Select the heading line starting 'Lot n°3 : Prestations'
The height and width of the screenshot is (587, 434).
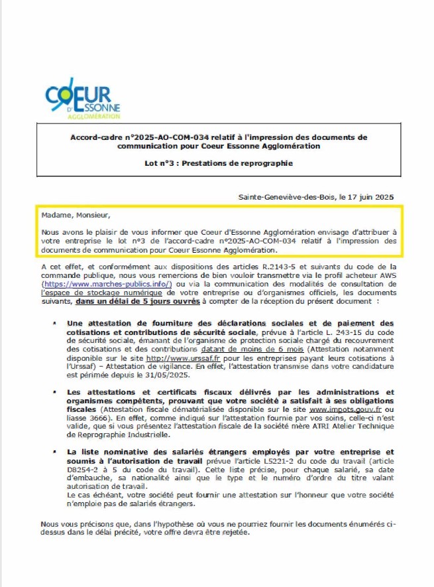tap(218, 163)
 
